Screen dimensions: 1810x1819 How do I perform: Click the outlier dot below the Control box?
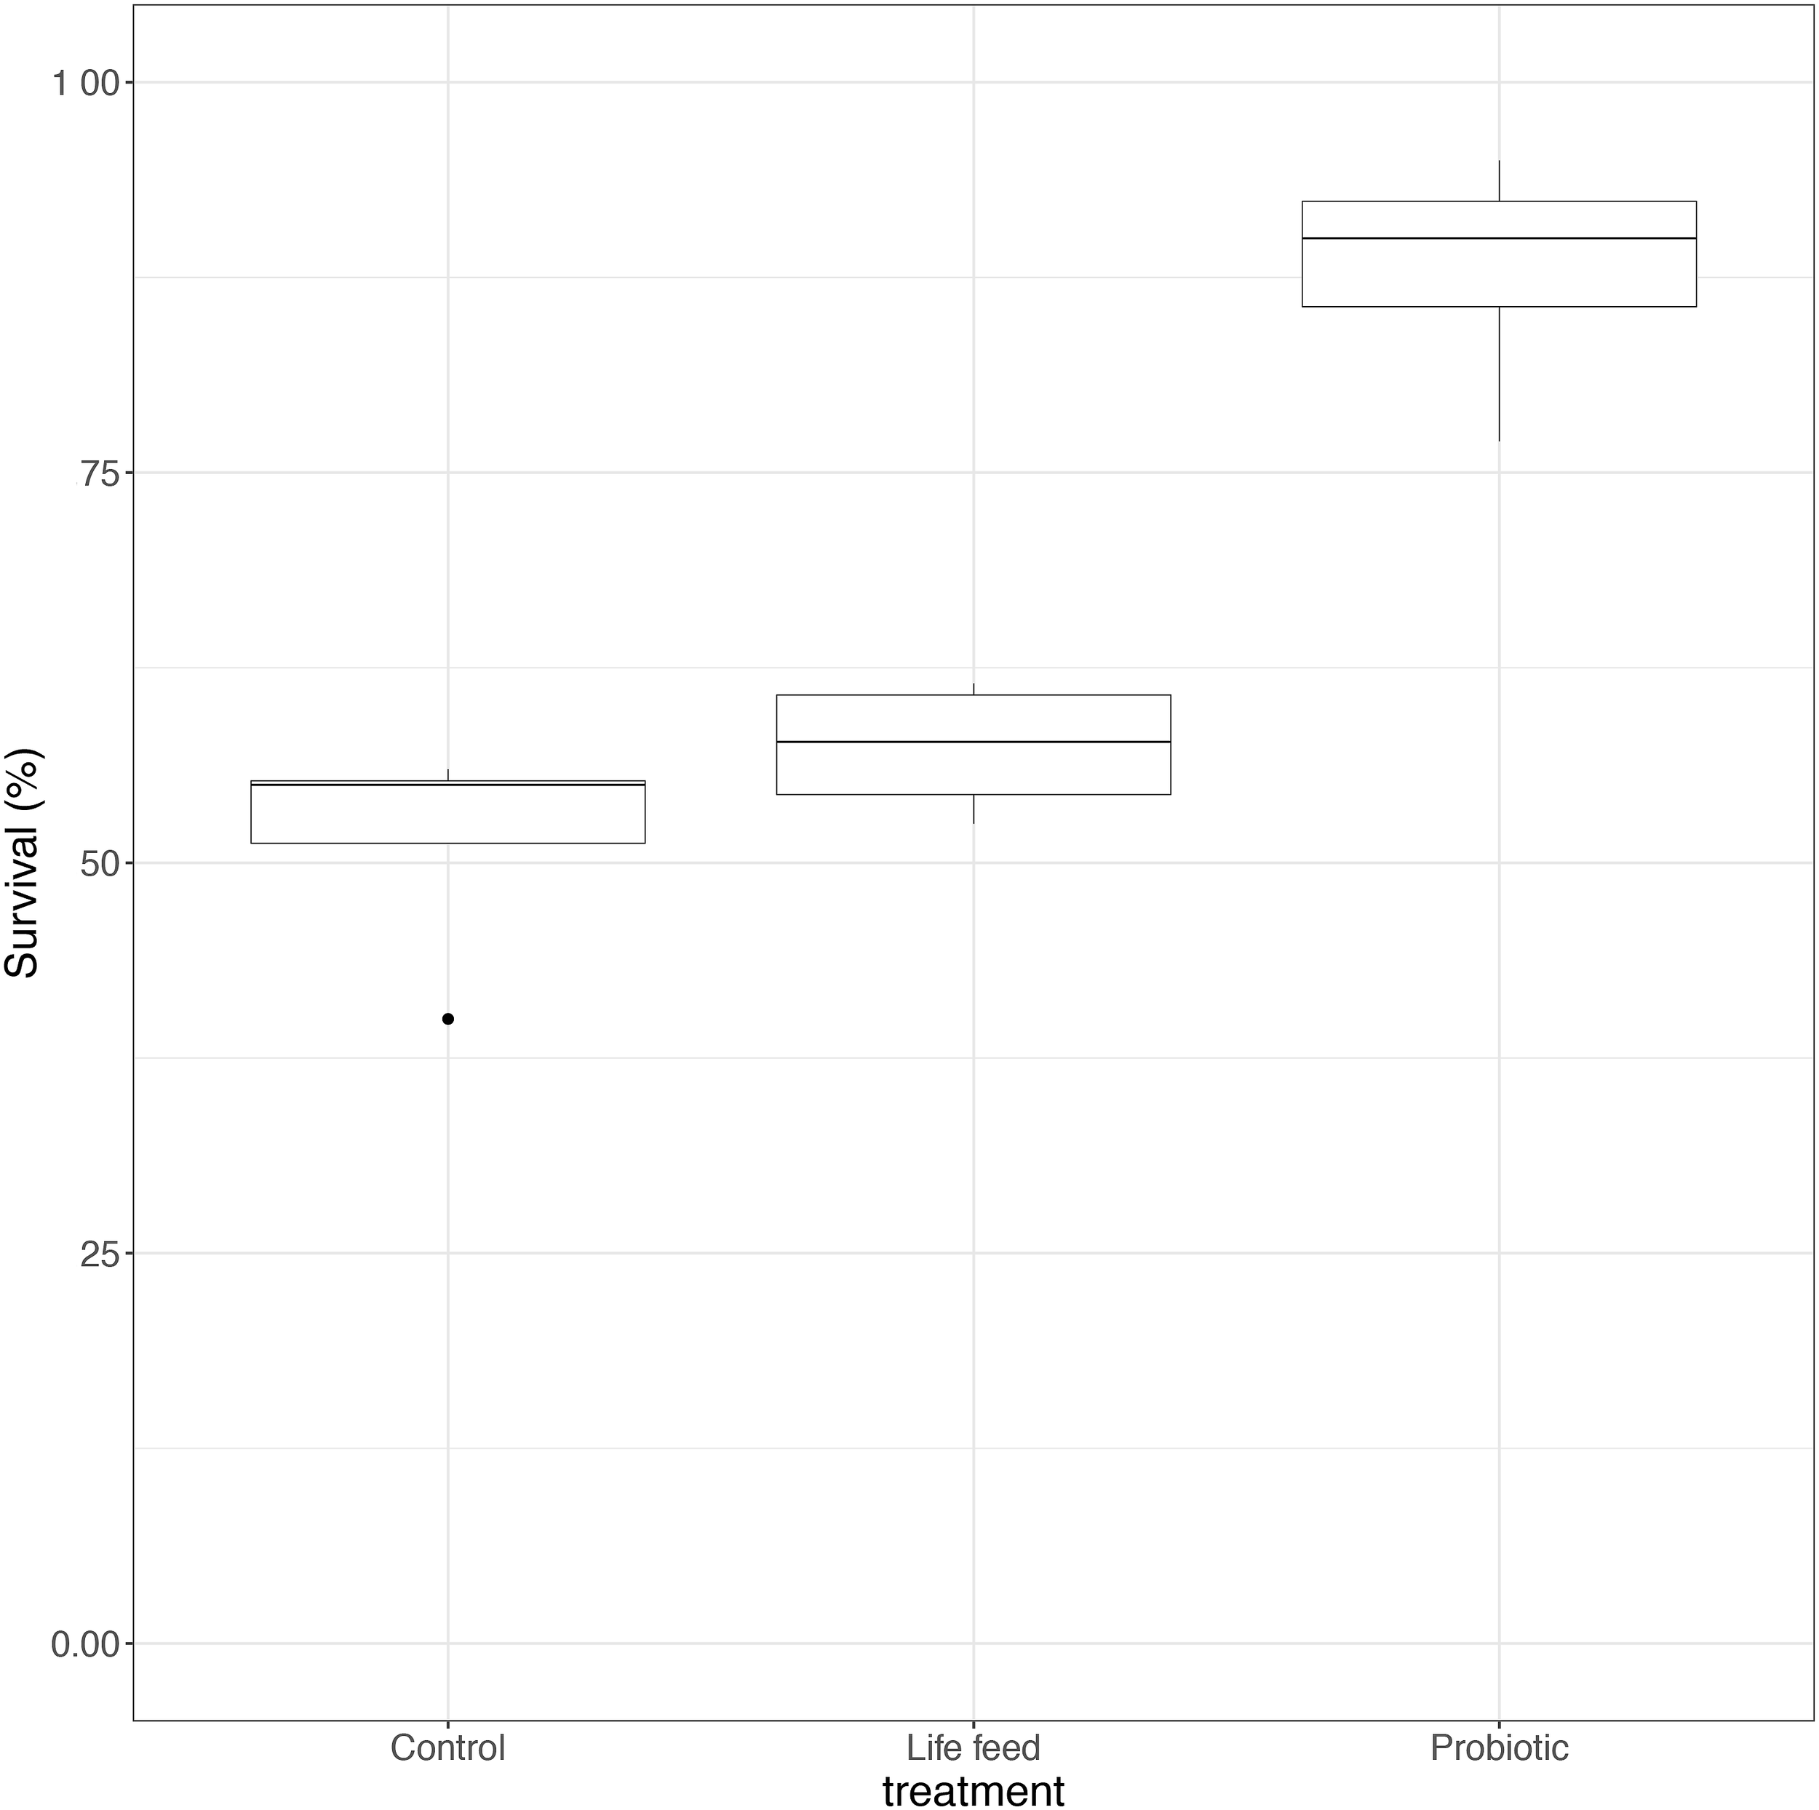[448, 1018]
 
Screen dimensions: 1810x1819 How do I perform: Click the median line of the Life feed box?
[974, 742]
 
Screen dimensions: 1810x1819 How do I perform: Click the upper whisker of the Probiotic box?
[1499, 181]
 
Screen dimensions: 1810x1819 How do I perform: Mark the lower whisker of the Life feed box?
[974, 809]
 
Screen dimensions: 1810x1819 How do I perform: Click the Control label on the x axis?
[448, 1748]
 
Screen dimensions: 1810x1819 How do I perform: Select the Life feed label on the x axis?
[974, 1748]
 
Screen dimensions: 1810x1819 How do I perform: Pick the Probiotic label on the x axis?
[1499, 1748]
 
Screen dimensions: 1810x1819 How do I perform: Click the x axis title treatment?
[974, 1790]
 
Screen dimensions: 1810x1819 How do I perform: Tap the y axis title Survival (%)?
[23, 863]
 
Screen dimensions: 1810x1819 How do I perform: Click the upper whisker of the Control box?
[448, 774]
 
